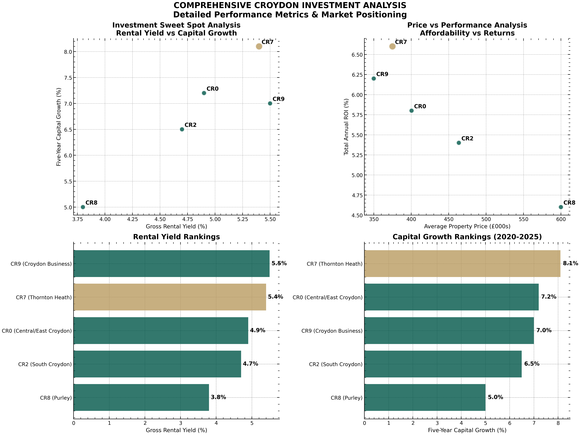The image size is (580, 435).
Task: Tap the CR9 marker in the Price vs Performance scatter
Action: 374,78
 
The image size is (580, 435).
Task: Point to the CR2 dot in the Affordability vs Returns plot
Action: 459,143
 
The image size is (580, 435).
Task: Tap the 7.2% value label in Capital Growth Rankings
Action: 548,297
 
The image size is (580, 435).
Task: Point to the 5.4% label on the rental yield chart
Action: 275,297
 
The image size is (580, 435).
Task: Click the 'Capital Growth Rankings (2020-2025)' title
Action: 467,237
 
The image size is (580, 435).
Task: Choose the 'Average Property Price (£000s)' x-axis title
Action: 467,226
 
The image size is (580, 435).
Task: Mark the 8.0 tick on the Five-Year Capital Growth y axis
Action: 68,52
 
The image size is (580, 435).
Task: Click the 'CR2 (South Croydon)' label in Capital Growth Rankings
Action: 336,364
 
